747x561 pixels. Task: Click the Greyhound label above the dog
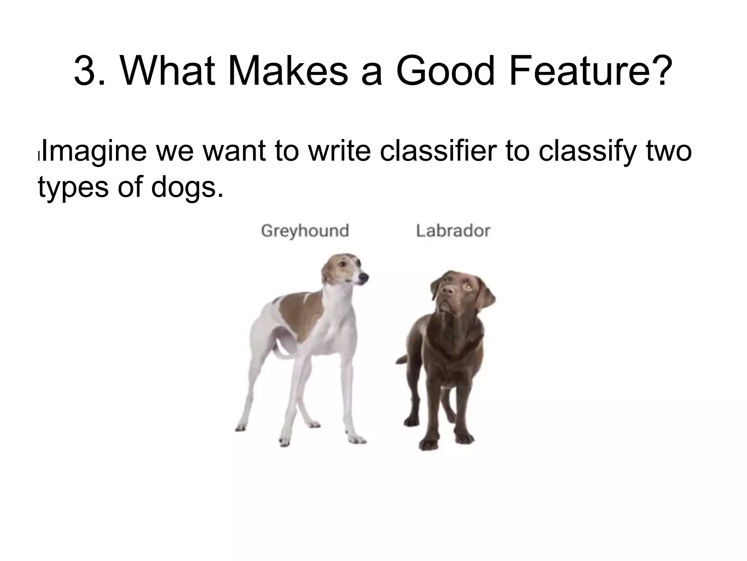pyautogui.click(x=305, y=231)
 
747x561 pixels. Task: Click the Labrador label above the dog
pyautogui.click(x=453, y=231)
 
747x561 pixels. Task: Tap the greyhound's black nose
pyautogui.click(x=363, y=278)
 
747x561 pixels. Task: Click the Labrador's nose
pyautogui.click(x=447, y=290)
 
